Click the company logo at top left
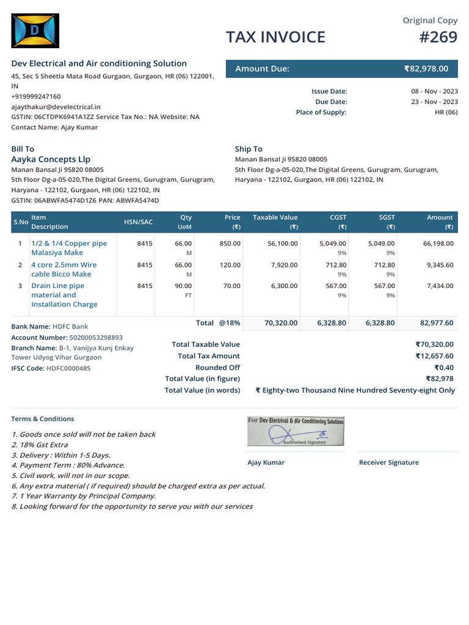[x=35, y=31]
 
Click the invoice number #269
[x=438, y=37]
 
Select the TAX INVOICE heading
[x=275, y=37]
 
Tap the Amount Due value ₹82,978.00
[x=426, y=69]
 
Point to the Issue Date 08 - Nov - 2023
[x=434, y=91]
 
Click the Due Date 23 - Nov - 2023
[x=434, y=102]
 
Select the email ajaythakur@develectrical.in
[x=56, y=106]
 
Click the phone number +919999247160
[x=36, y=96]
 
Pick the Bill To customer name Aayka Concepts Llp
[x=51, y=159]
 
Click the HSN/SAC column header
[x=138, y=222]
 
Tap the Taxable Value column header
[x=275, y=217]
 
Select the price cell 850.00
[x=230, y=243]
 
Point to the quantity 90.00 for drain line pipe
[x=183, y=286]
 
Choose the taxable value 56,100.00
[x=282, y=243]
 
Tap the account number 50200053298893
[x=95, y=337]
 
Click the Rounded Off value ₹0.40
[x=444, y=367]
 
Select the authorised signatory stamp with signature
[x=296, y=432]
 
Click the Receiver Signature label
[x=388, y=463]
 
